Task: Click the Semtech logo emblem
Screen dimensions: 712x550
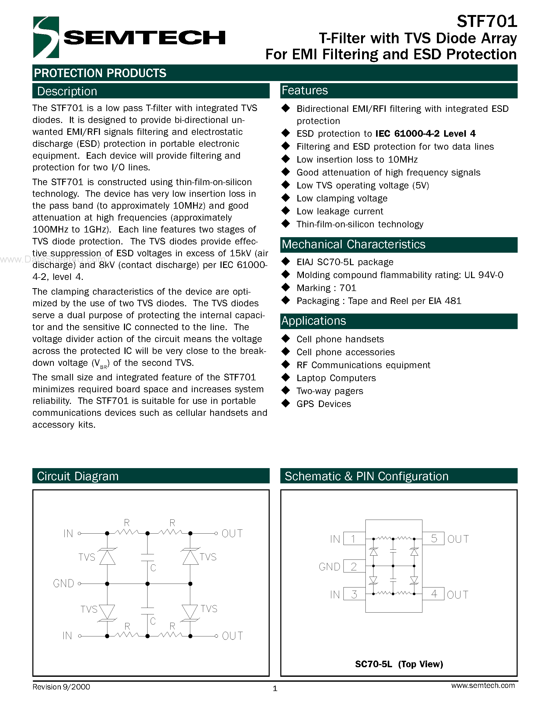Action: [46, 37]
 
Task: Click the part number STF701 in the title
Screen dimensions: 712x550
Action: [487, 21]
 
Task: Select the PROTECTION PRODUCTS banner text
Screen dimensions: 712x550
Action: [100, 73]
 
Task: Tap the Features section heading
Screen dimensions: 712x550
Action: [305, 91]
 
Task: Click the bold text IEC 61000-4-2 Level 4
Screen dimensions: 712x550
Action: [425, 134]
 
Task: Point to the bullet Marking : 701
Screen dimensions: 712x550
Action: [326, 288]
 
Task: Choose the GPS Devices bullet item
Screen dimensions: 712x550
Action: [324, 404]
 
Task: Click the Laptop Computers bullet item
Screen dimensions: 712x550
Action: [336, 378]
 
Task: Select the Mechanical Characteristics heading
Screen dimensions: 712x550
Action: [354, 244]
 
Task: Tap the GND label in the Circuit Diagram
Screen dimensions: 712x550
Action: [63, 583]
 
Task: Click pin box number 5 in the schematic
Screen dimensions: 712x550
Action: [434, 539]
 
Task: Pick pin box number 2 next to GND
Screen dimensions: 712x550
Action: [354, 566]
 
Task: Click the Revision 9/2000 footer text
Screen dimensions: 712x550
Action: [61, 687]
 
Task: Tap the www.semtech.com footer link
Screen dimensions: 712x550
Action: [483, 686]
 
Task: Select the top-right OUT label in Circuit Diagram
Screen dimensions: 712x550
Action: [232, 534]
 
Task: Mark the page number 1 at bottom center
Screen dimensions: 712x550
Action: [275, 688]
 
